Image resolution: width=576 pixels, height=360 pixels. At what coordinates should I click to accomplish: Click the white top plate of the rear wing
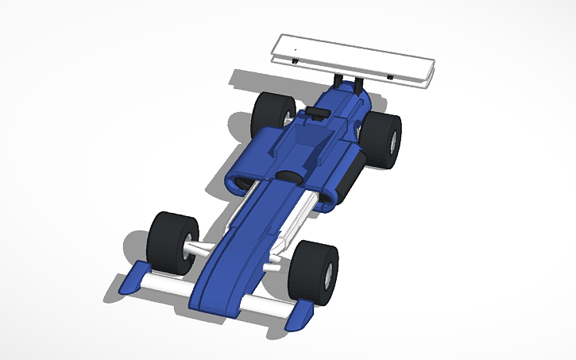tap(350, 54)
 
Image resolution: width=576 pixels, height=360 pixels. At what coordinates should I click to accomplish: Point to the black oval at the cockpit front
tap(288, 175)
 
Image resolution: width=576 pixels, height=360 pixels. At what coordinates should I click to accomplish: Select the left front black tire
tap(170, 242)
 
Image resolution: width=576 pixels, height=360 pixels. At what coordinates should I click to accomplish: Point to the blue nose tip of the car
tap(212, 306)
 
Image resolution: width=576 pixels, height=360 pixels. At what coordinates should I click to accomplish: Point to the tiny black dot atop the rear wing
tap(296, 49)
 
